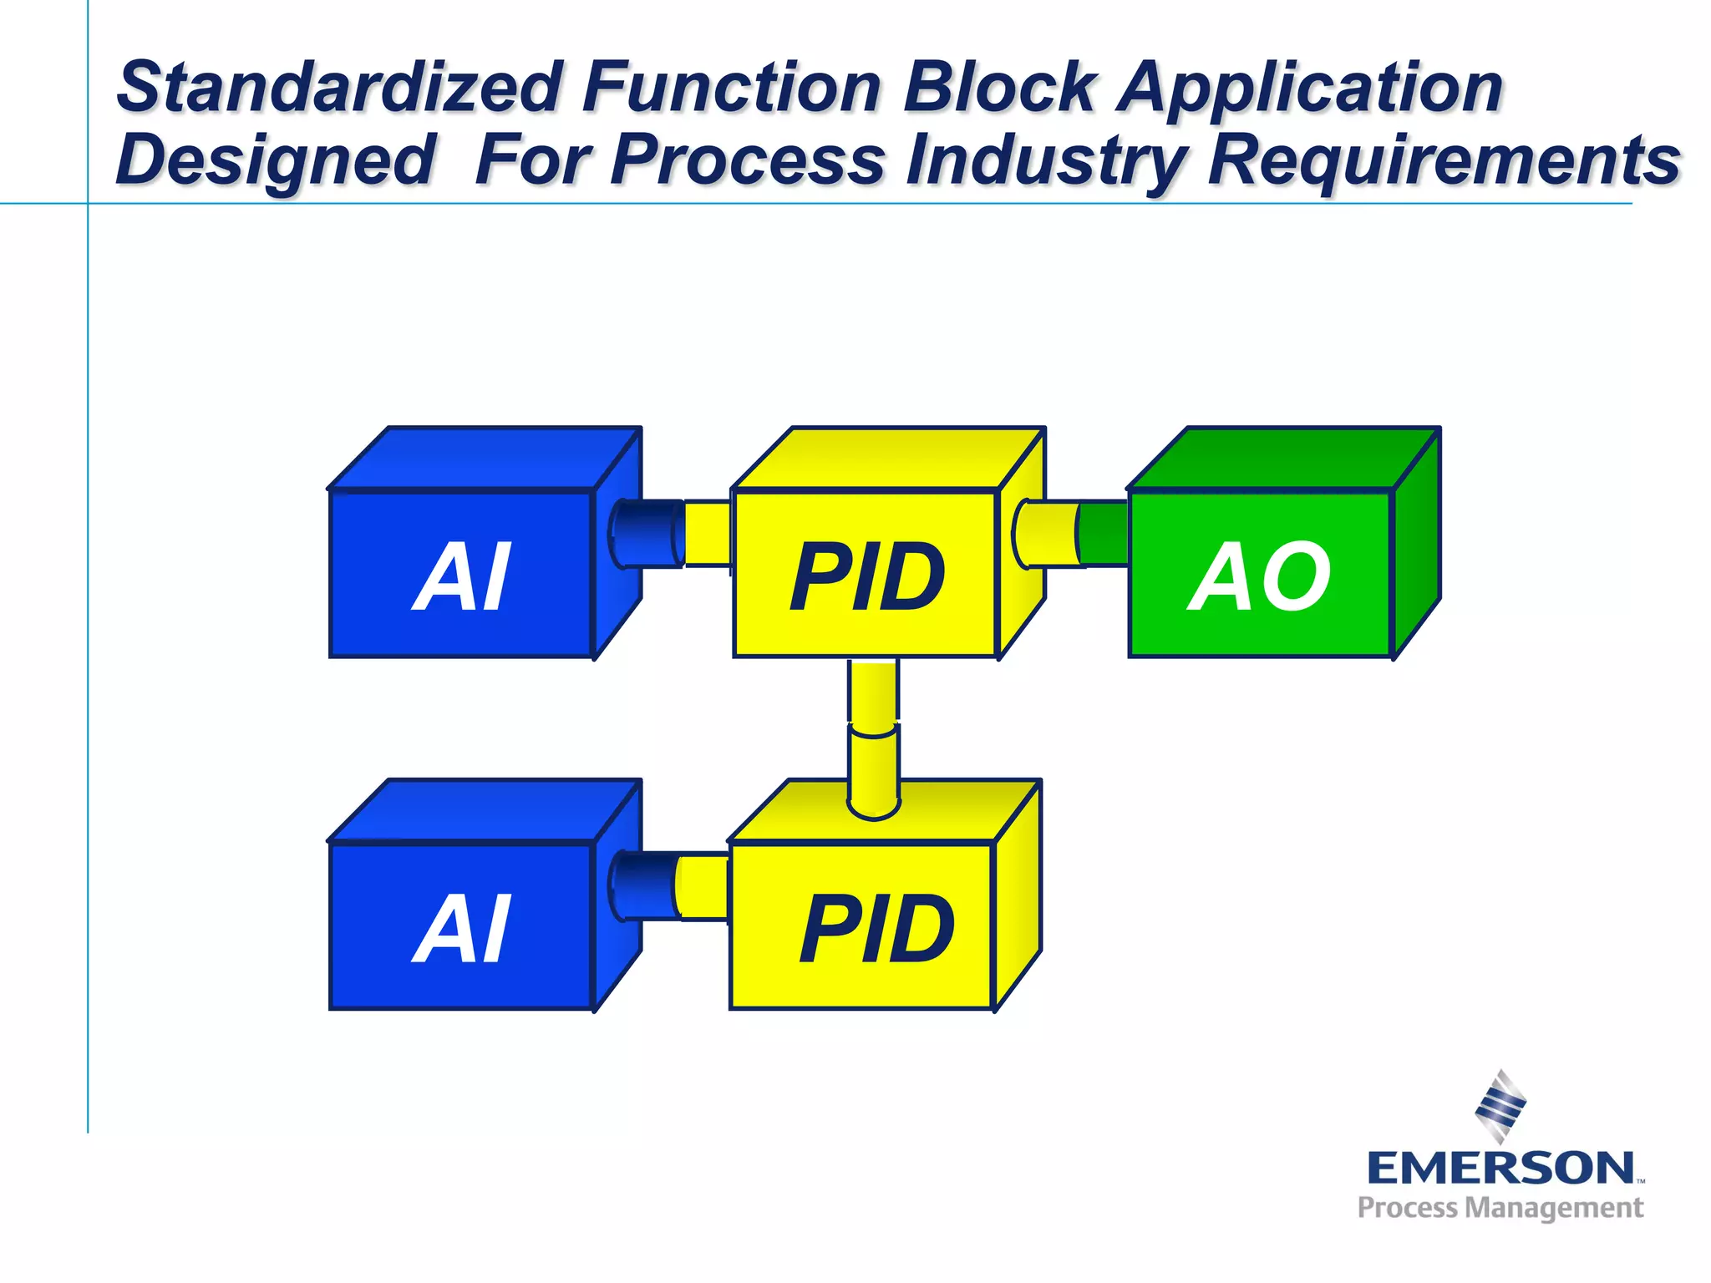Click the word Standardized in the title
click(x=338, y=88)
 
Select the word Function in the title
click(x=732, y=88)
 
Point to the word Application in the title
click(x=1311, y=88)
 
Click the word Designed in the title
click(x=276, y=160)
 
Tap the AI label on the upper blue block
click(x=461, y=576)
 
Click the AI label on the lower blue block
click(x=461, y=929)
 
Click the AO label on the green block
click(x=1260, y=576)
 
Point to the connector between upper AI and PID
click(x=668, y=533)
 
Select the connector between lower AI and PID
click(x=668, y=886)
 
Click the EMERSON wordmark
click(x=1500, y=1167)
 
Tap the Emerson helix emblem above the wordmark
click(x=1500, y=1106)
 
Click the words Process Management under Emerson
click(x=1500, y=1208)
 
